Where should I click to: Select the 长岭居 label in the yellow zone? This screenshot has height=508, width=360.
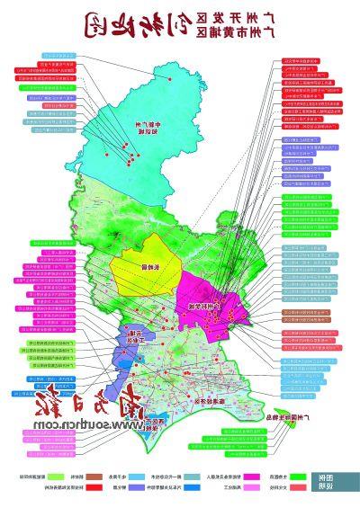click(x=138, y=268)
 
